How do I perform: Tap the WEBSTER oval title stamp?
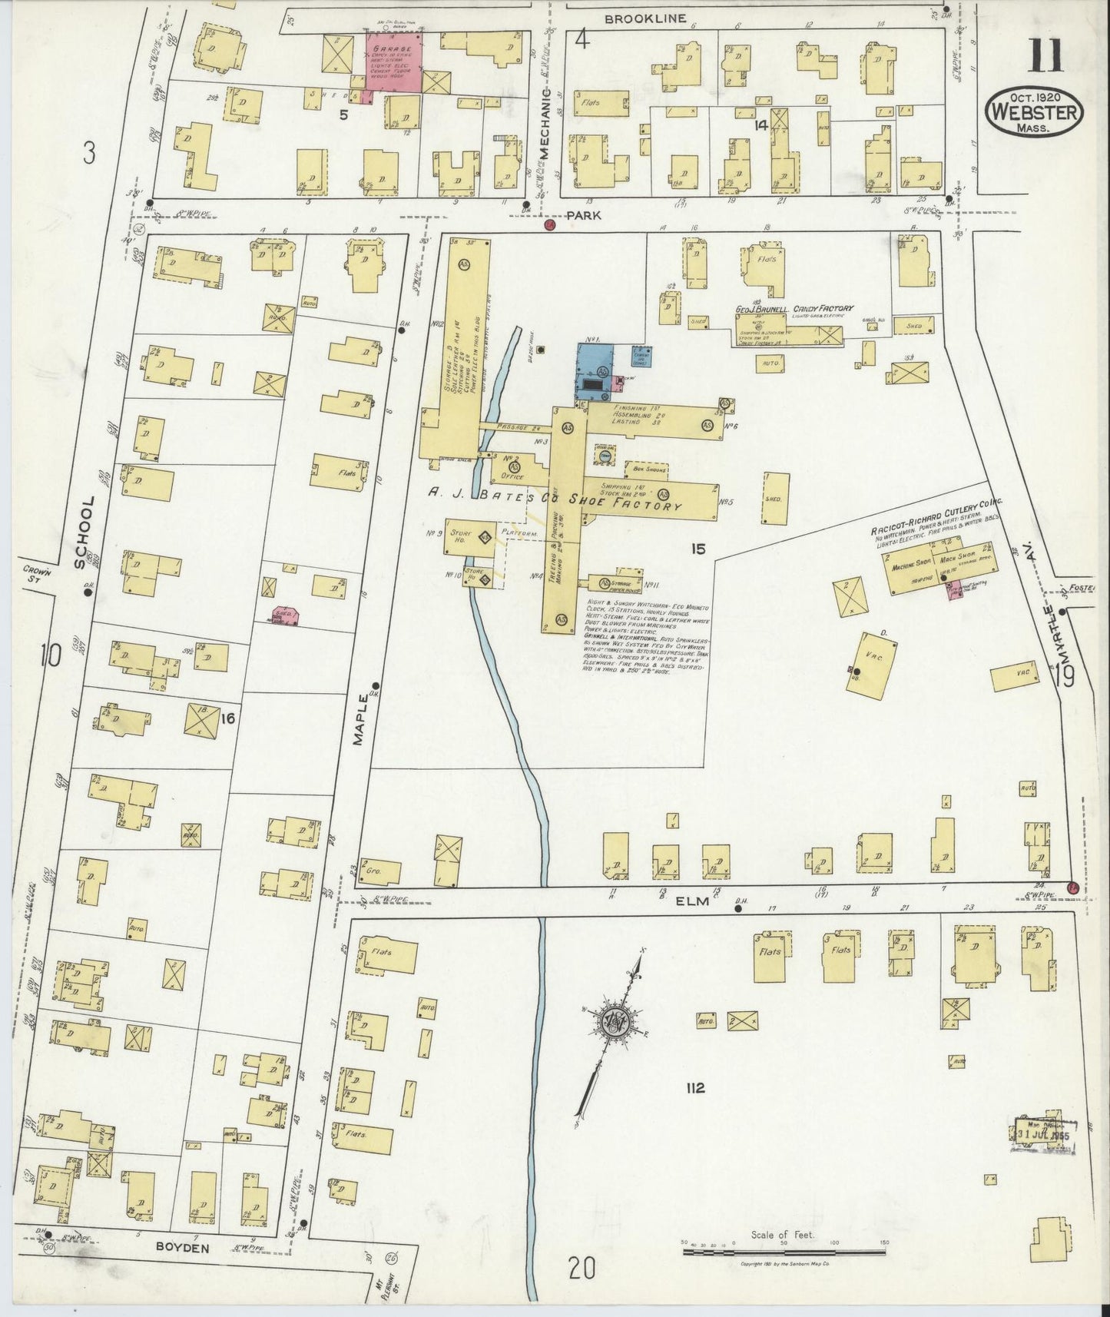pos(1035,112)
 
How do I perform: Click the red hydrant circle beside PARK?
pos(549,224)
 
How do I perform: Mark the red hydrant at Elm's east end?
pos(1074,889)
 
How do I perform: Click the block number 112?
pos(696,1087)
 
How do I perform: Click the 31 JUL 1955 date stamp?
pos(1041,1135)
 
